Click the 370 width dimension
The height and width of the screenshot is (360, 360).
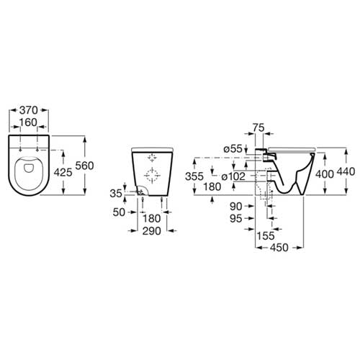29,110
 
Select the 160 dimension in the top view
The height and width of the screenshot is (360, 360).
28,122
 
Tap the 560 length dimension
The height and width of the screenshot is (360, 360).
84,166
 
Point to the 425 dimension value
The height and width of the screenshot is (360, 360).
63,172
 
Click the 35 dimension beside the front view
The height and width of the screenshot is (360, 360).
116,193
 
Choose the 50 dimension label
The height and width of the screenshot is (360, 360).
119,212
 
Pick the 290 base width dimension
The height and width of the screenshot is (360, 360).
152,231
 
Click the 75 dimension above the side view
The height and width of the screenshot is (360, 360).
258,127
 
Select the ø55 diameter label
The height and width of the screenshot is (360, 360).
233,149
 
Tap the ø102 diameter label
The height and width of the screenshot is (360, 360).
233,176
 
